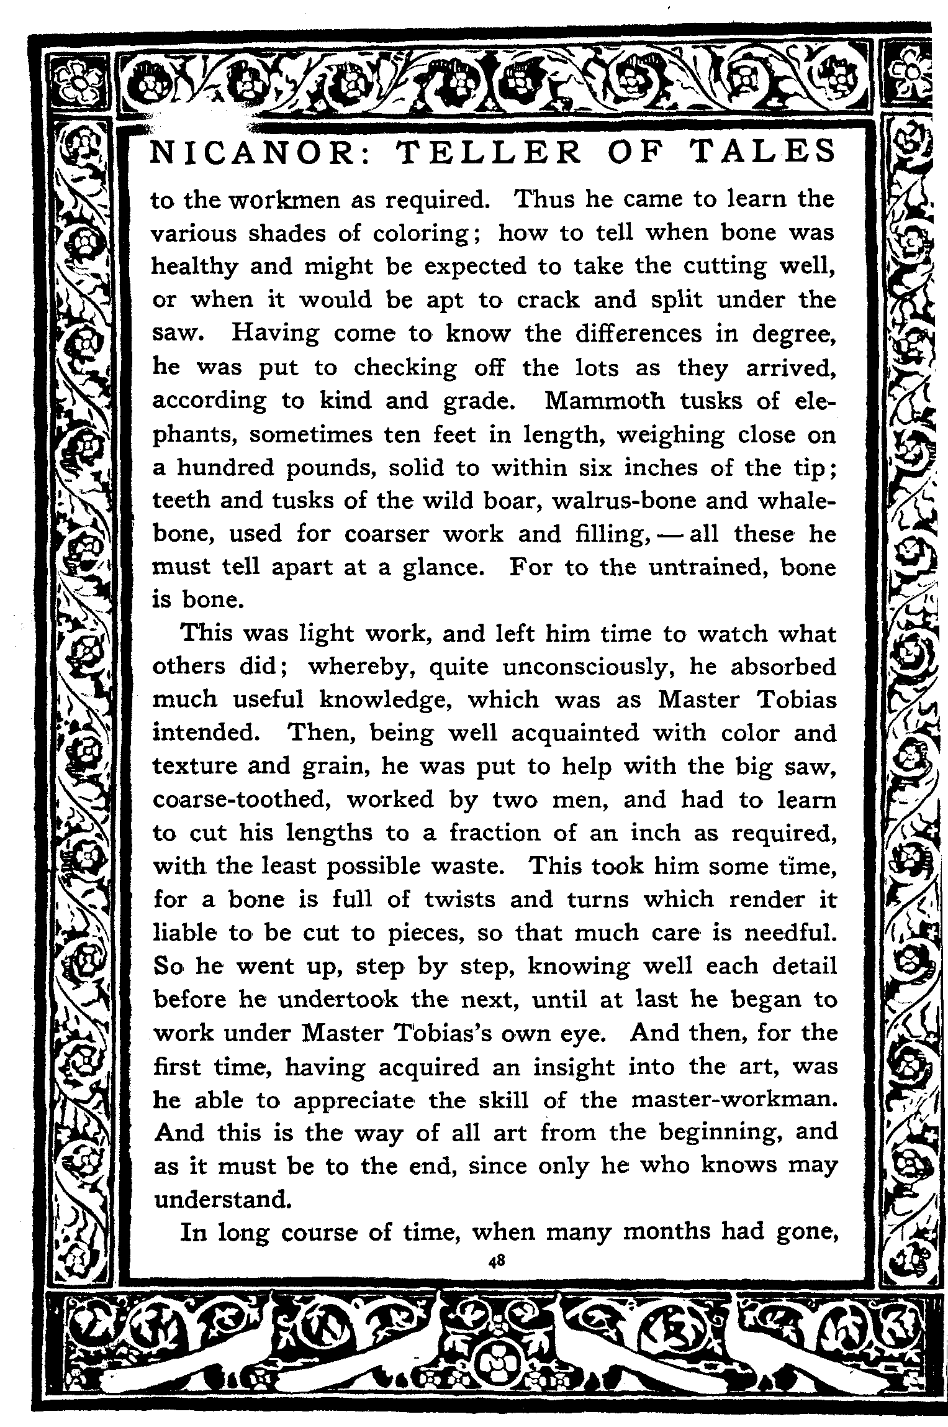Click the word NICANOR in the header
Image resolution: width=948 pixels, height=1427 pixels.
click(252, 152)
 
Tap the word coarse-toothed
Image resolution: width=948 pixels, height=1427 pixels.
click(240, 800)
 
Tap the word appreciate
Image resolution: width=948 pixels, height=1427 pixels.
click(353, 1100)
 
